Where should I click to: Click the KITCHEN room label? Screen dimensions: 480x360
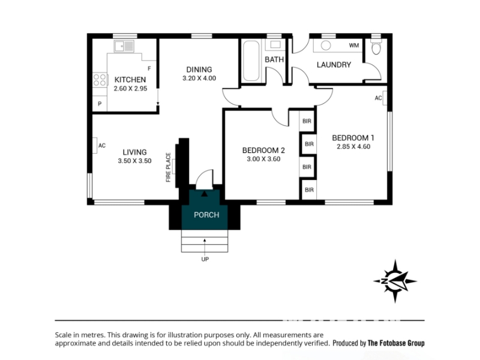[x=130, y=80]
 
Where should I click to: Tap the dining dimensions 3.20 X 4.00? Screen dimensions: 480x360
[x=199, y=78]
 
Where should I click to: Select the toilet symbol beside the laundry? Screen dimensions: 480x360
[x=376, y=47]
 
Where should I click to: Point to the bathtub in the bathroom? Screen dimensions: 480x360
[x=251, y=61]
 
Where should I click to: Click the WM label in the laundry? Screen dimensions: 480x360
[x=354, y=46]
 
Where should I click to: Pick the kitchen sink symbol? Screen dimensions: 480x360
[x=124, y=46]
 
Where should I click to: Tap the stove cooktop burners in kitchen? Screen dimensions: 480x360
[x=100, y=80]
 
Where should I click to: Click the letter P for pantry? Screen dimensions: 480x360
[x=100, y=104]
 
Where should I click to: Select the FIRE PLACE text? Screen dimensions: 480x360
[x=169, y=167]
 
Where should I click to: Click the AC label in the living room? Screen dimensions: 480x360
[x=102, y=145]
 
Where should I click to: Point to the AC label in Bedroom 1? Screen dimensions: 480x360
[x=379, y=98]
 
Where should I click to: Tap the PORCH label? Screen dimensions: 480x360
[x=206, y=215]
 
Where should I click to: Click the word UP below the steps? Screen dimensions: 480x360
[x=205, y=259]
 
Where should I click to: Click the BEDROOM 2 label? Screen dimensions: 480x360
[x=263, y=151]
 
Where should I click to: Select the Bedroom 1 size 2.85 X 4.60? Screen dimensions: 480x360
[x=353, y=146]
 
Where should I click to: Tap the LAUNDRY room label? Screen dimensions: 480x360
[x=334, y=65]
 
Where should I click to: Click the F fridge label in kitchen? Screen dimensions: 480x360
[x=149, y=68]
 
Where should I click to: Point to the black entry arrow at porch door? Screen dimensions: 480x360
[x=204, y=193]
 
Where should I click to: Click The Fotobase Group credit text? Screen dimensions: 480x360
[x=396, y=343]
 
